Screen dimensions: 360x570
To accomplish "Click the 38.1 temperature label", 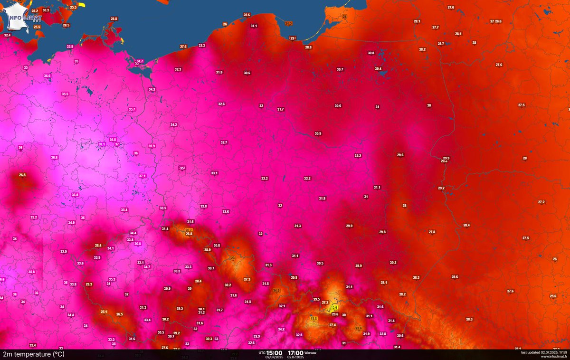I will pyautogui.click(x=101, y=144).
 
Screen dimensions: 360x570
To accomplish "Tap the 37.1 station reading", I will pyautogui.click(x=142, y=176).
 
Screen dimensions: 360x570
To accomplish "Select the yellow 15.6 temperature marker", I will pyautogui.click(x=334, y=308).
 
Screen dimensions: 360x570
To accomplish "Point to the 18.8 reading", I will pyautogui.click(x=313, y=318).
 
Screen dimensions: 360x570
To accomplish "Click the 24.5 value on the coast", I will pyautogui.click(x=288, y=23).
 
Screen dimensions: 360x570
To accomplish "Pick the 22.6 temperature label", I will pyautogui.click(x=359, y=328).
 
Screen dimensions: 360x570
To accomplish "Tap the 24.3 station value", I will pyautogui.click(x=277, y=290).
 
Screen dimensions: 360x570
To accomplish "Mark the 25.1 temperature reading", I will pyautogui.click(x=104, y=312).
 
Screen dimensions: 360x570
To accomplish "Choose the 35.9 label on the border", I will pyautogui.click(x=152, y=146).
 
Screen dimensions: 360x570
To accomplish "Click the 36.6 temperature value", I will pyautogui.click(x=47, y=76).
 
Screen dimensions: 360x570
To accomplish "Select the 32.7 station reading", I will pyautogui.click(x=224, y=142).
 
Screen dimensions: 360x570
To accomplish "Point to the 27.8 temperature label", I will pyautogui.click(x=432, y=232).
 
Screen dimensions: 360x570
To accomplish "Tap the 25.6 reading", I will pyautogui.click(x=553, y=296).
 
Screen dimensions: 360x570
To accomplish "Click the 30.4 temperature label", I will pyautogui.click(x=378, y=69).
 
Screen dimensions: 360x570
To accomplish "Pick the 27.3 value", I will pyautogui.click(x=247, y=279).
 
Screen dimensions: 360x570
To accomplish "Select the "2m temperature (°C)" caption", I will pyautogui.click(x=33, y=354).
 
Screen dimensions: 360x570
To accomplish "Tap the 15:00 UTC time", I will pyautogui.click(x=274, y=353).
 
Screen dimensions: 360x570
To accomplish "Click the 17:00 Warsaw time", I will pyautogui.click(x=295, y=353).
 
